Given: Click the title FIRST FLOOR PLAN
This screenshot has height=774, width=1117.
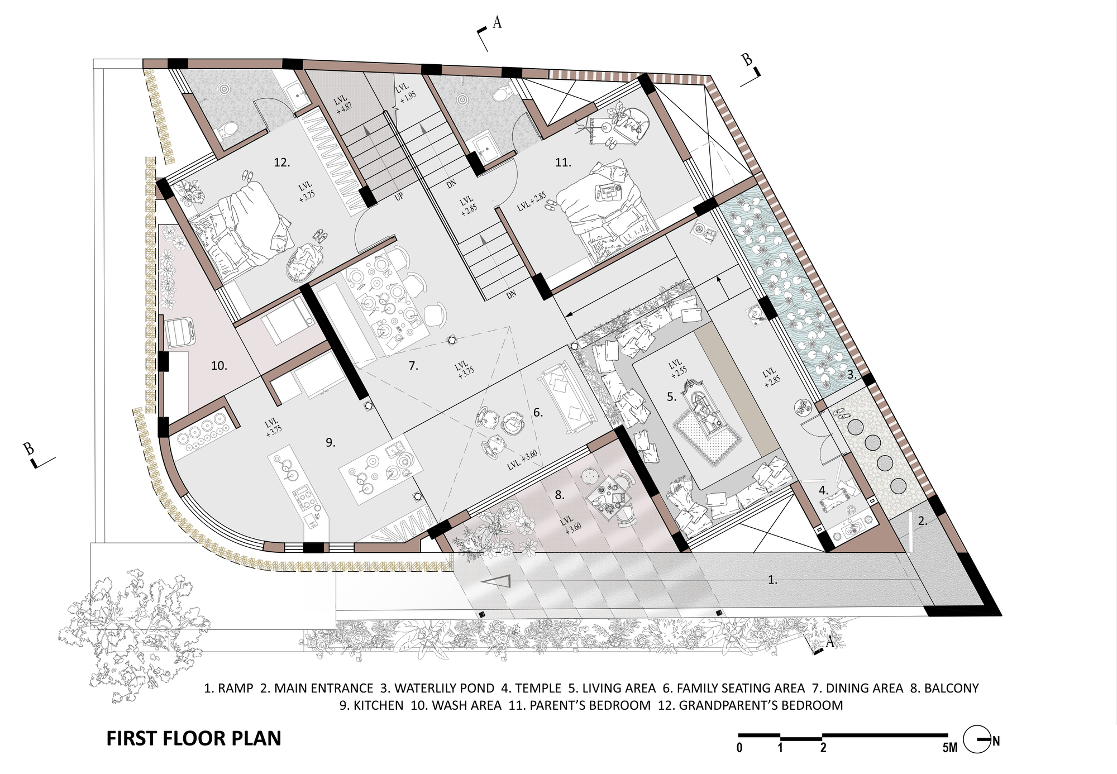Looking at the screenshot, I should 193,738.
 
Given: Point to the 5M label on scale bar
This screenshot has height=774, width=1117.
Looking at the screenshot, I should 949,748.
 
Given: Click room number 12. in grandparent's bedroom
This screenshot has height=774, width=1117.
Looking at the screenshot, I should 281,163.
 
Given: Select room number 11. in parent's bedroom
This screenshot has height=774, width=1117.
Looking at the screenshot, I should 563,163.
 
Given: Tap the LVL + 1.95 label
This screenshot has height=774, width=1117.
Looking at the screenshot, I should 405,92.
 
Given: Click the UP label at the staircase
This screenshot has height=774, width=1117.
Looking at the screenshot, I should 399,197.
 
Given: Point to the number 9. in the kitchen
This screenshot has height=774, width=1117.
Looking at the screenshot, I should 330,442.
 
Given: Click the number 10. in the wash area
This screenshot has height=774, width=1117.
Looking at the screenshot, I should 218,366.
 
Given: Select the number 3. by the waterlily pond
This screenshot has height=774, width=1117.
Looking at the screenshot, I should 851,375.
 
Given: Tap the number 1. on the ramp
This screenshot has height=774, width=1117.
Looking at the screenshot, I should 772,580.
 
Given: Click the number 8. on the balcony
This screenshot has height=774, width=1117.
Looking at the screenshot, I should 560,495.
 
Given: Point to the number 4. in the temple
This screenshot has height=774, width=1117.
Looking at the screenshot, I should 823,490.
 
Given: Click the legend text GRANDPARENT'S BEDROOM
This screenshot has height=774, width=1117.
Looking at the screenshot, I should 761,705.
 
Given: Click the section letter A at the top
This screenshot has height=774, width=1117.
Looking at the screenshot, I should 497,23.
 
